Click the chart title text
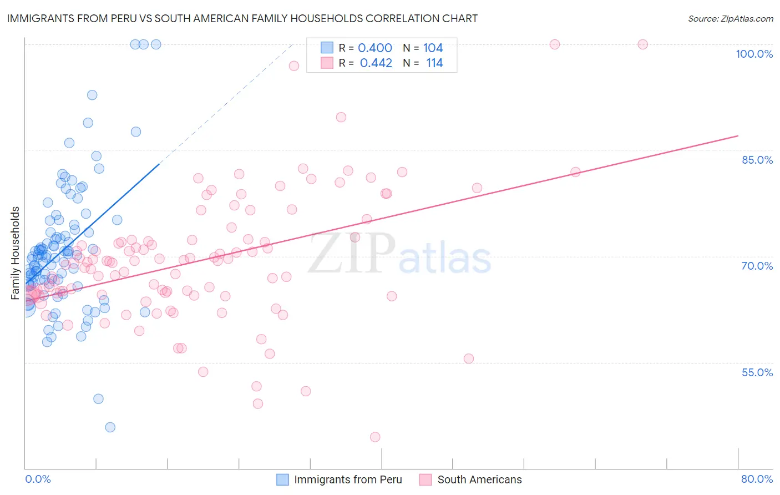point(242,18)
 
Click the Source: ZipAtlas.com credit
point(730,19)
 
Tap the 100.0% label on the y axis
point(754,54)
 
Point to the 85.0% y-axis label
point(757,160)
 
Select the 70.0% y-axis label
point(757,266)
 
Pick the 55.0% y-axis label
point(757,372)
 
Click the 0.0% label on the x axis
point(38,479)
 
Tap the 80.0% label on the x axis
point(757,479)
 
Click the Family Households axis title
point(16,253)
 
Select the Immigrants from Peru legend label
point(348,479)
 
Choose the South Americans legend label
point(479,479)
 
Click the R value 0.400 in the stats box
point(375,48)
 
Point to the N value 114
point(434,63)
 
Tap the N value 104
point(433,48)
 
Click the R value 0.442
point(376,63)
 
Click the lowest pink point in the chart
point(375,437)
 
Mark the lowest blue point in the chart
point(110,427)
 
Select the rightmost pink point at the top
point(642,44)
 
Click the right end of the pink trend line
point(738,135)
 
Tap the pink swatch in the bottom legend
point(426,479)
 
